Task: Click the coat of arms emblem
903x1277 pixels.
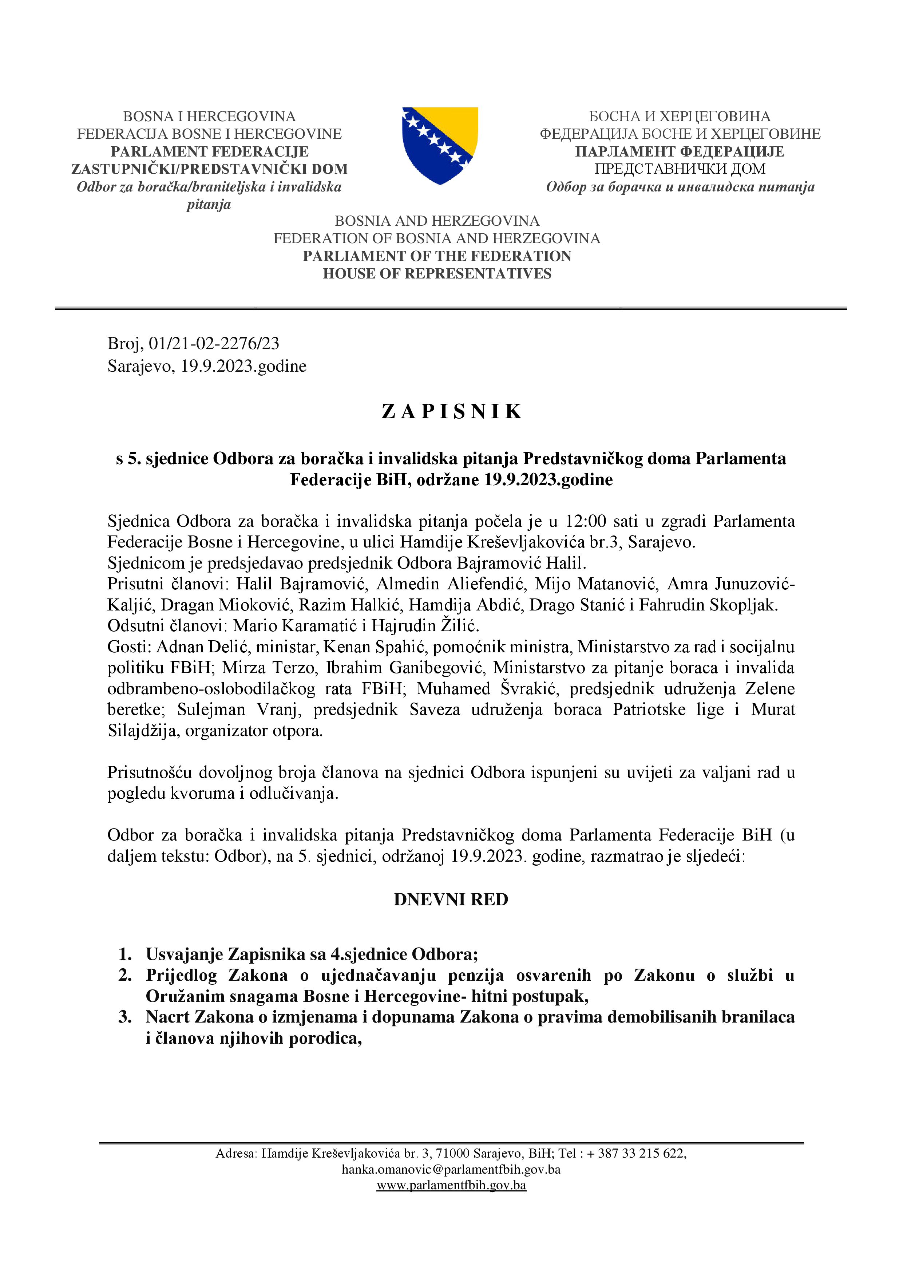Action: click(440, 146)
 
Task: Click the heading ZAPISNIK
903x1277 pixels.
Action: click(451, 412)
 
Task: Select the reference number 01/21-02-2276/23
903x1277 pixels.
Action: click(214, 344)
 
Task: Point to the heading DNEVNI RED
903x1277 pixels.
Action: click(451, 900)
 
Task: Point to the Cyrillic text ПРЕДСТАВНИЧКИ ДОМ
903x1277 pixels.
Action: click(680, 169)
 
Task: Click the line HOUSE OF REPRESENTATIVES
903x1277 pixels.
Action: click(437, 274)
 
